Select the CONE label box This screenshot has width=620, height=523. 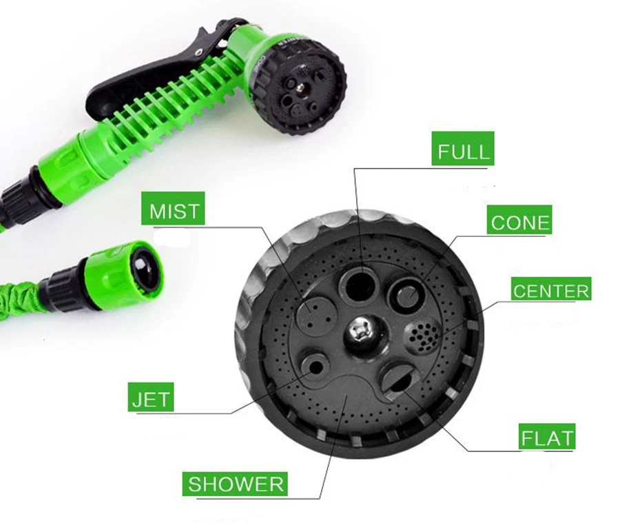521,223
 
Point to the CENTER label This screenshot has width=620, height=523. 551,291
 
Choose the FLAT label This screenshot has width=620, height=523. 547,438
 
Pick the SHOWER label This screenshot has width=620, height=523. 236,484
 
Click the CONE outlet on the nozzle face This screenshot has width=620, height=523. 404,295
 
